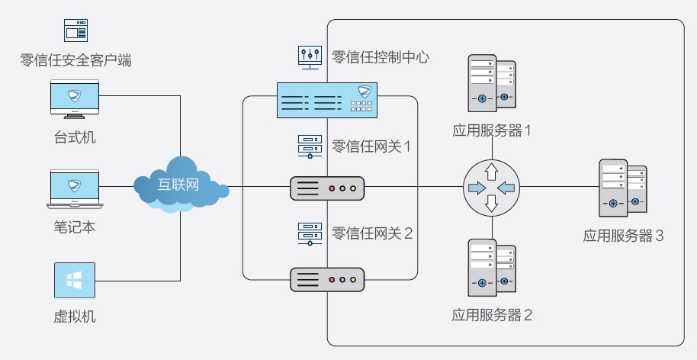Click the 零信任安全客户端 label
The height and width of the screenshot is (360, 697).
(75, 59)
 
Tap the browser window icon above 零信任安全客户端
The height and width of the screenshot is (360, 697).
(75, 31)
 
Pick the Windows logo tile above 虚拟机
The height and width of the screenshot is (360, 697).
(75, 280)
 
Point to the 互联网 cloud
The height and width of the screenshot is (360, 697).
(180, 185)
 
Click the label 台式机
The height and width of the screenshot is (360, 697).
(75, 137)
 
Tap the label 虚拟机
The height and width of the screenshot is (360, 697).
(75, 316)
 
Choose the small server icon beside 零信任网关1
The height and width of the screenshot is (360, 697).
(309, 146)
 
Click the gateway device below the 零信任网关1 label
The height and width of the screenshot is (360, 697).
(328, 188)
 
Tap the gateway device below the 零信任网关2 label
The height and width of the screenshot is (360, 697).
(328, 279)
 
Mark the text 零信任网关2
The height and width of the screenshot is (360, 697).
(372, 233)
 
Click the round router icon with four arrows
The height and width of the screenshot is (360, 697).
(491, 187)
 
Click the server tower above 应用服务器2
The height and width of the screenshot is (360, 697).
(491, 267)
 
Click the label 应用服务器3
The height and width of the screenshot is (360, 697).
(623, 236)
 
